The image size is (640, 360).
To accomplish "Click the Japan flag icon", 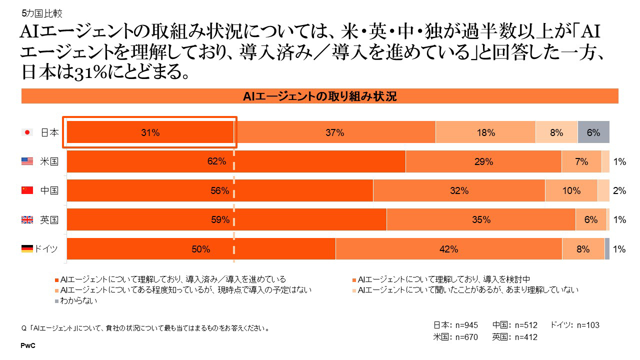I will tap(27, 132).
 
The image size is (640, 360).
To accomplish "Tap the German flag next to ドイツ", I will tap(27, 248).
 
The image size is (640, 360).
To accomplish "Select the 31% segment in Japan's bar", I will tap(150, 132).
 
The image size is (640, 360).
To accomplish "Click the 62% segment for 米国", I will tap(236, 161).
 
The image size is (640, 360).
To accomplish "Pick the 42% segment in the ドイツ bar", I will tap(448, 249).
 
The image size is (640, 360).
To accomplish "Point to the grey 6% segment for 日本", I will tap(593, 132).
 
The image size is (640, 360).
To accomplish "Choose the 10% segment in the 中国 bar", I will tap(571, 190).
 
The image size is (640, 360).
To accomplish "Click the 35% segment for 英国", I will tap(481, 219).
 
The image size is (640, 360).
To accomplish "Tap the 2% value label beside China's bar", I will tap(619, 190).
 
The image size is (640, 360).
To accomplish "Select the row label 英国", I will tap(49, 219).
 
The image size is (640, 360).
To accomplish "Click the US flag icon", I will tap(27, 161).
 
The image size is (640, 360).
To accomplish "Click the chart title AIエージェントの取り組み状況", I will tap(319, 96).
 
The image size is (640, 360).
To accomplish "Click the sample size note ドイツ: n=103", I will tap(574, 325).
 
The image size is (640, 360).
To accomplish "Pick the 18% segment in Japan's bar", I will tap(485, 132).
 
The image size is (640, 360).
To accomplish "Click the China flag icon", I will tap(27, 190).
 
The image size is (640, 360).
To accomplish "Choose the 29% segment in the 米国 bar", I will tap(483, 161).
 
